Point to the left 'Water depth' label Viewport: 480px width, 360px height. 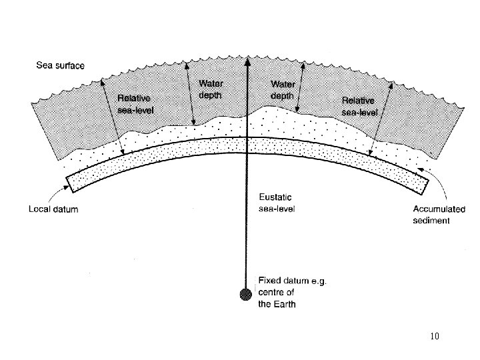[211, 89]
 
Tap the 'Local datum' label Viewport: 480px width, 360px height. [53, 209]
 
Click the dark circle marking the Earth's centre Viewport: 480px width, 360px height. [247, 293]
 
